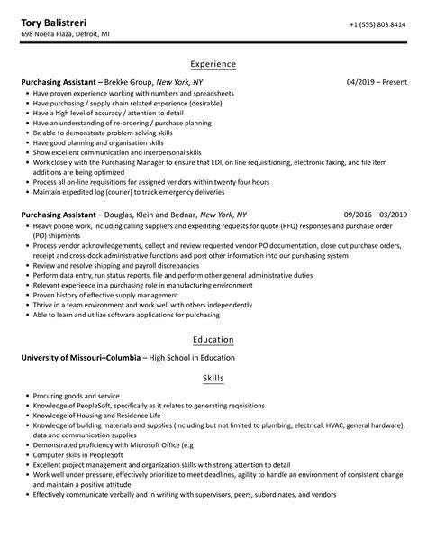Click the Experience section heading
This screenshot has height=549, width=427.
click(x=213, y=64)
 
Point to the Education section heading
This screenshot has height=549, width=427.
click(x=213, y=340)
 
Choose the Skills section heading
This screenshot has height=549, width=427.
click(x=213, y=378)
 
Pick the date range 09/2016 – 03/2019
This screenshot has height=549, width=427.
click(x=376, y=215)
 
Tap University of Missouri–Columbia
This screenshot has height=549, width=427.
click(x=80, y=358)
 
